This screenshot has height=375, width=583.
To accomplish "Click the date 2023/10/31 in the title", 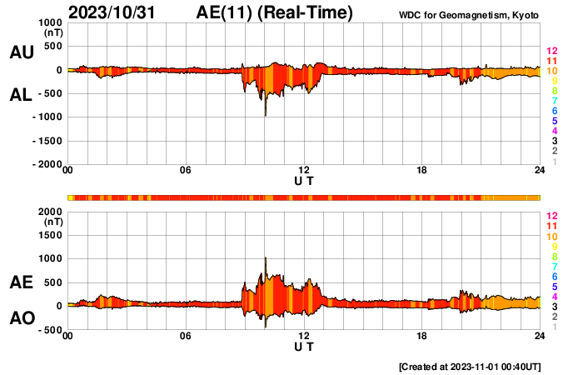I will (x=112, y=12).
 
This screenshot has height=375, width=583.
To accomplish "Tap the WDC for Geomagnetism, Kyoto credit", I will (x=469, y=15).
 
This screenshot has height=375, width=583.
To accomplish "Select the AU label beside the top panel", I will (x=21, y=52).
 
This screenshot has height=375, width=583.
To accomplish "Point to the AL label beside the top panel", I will (x=21, y=96).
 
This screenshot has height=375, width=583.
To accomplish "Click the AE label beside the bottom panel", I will (x=21, y=283).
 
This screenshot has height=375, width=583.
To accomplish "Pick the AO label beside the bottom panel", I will (x=21, y=318).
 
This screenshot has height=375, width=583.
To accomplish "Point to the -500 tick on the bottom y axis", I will (x=50, y=330).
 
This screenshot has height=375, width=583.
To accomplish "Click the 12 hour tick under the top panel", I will (x=305, y=171).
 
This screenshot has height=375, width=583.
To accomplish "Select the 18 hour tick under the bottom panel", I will (x=422, y=336).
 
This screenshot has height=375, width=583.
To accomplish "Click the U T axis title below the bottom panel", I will (x=304, y=346).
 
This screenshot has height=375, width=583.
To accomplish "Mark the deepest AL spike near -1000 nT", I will (x=265, y=114).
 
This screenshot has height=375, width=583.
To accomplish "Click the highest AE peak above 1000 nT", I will (x=265, y=258).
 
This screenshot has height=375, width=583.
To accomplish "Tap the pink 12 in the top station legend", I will (x=551, y=50).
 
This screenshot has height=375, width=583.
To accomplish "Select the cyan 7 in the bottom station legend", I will (x=554, y=266).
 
